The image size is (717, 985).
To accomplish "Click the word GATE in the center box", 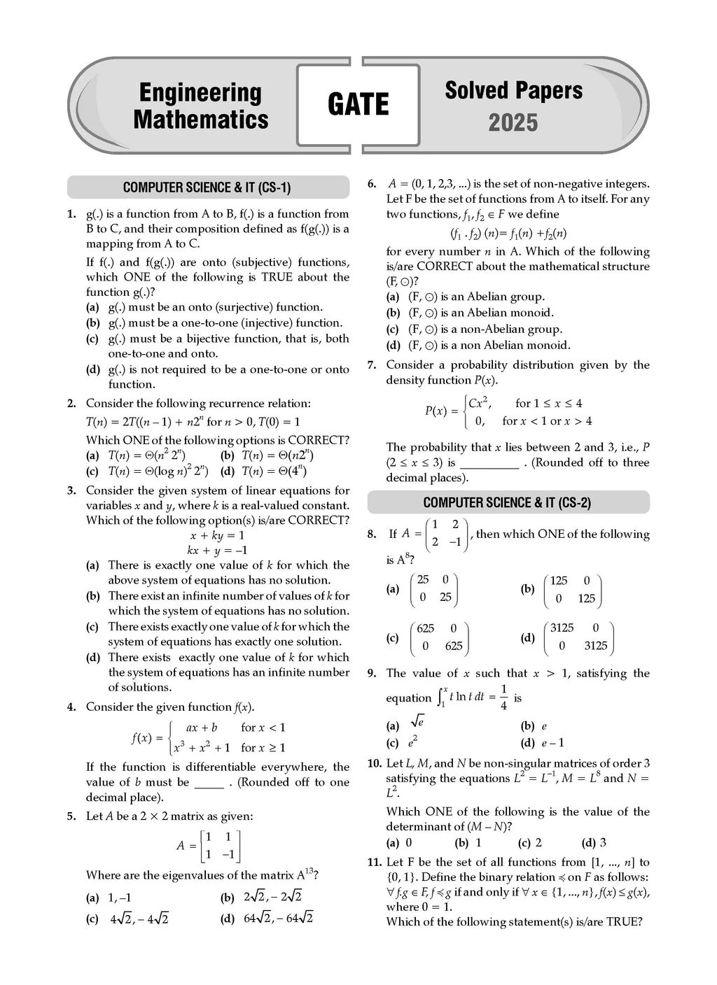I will [x=358, y=104].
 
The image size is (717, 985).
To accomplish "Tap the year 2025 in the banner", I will [x=513, y=122].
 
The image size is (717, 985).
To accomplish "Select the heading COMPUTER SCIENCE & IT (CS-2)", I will [x=507, y=502].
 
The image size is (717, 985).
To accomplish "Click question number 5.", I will [x=71, y=816].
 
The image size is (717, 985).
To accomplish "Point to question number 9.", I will [x=373, y=673].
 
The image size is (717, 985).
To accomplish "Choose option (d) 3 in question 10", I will [x=594, y=842].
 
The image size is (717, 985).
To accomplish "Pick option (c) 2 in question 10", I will [x=530, y=842].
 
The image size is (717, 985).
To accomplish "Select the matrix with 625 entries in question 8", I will [x=439, y=637].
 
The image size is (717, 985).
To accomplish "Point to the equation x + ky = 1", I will [x=217, y=535].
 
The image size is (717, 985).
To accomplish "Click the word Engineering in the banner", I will [x=200, y=92].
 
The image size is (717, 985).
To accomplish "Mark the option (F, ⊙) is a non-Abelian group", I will [x=476, y=329].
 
